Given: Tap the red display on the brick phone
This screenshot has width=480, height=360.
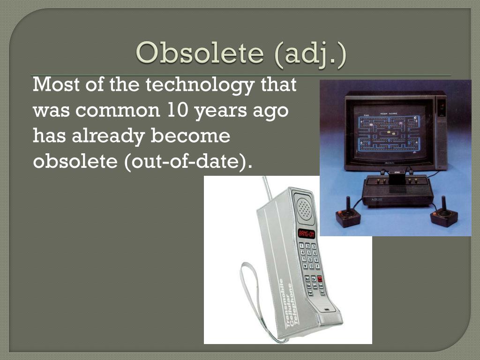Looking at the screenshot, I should point(307,233).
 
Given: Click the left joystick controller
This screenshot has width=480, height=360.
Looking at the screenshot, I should point(348,215).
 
